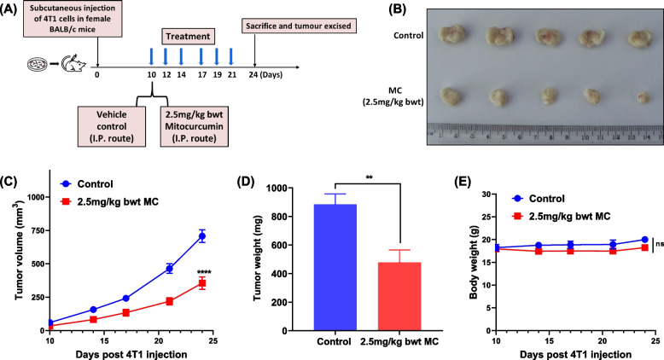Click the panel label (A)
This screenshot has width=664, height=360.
pos(13,10)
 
